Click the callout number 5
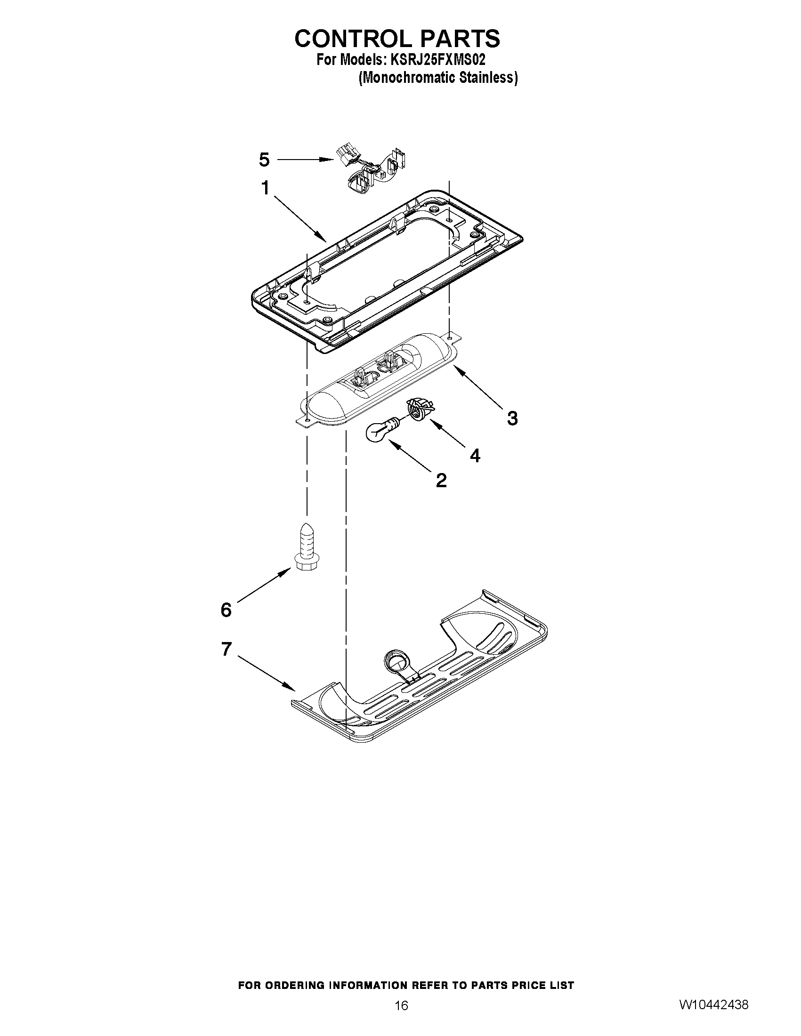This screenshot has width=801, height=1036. coord(264,161)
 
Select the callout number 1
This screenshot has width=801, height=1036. coord(265,188)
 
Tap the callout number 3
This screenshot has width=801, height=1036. coord(512,418)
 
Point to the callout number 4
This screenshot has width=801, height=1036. coord(475,455)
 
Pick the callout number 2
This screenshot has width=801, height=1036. coord(441,481)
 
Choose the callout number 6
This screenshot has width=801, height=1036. coord(226,610)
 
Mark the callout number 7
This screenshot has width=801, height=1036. coord(227,649)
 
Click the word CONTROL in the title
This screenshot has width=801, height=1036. coord(358,39)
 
